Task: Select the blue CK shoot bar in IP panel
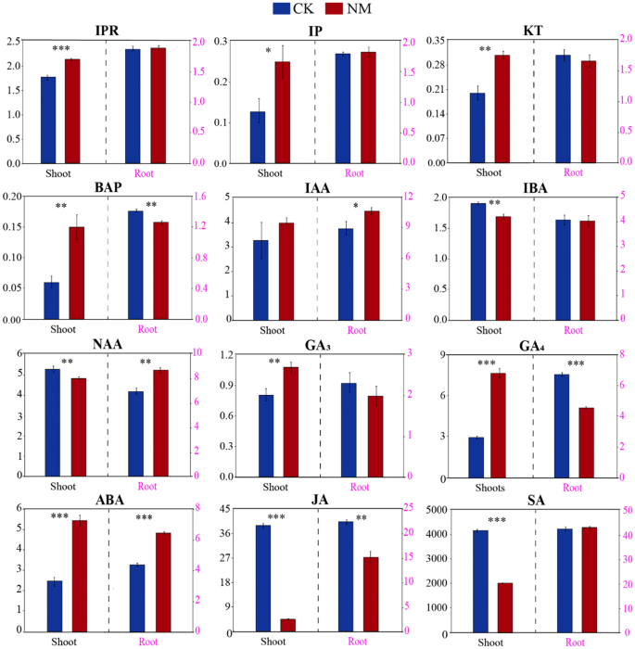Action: pos(258,137)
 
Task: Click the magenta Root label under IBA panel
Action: pos(574,329)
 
